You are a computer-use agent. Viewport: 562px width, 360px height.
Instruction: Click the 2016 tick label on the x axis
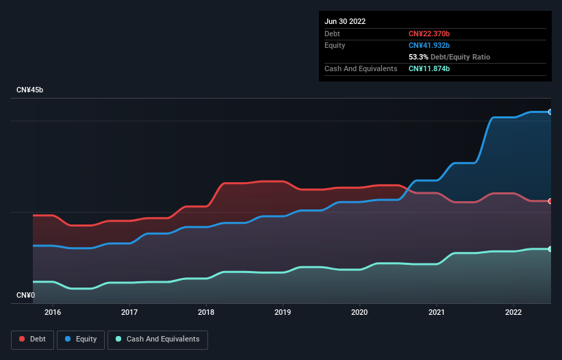[52, 312]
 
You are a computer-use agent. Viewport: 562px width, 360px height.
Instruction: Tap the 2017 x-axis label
[129, 312]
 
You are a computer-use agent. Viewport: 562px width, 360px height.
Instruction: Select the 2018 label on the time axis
[206, 312]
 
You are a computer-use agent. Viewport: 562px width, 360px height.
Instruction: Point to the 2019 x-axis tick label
[283, 312]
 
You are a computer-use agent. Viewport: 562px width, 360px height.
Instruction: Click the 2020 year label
[359, 312]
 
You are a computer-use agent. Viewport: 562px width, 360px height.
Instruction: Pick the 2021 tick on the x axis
[436, 312]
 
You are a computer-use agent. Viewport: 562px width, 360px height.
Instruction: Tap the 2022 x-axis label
[513, 312]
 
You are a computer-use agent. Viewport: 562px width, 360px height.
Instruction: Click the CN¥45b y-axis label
[29, 90]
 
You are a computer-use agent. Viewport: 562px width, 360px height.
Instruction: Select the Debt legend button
[32, 339]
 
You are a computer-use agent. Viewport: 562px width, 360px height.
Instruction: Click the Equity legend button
[81, 339]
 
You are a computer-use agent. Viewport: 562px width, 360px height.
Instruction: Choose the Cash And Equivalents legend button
[157, 339]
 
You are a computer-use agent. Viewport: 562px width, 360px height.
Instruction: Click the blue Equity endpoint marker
[550, 112]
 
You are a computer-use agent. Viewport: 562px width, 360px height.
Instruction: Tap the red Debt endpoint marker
[550, 201]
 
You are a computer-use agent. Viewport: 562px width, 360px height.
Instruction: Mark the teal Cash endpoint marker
[550, 249]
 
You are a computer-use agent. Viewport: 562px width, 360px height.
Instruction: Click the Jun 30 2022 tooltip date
[345, 21]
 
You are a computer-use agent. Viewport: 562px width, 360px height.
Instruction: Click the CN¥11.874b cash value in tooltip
[429, 69]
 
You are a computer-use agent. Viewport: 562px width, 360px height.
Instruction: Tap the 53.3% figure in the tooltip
[418, 57]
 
